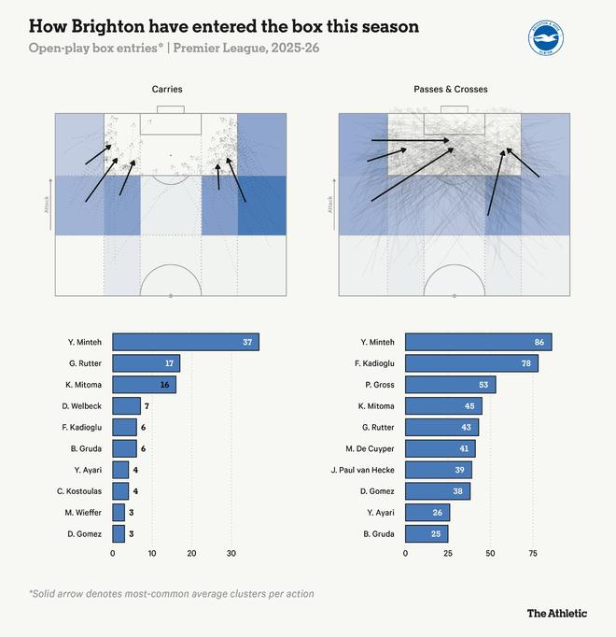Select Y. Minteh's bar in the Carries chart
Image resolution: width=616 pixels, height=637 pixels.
(x=185, y=342)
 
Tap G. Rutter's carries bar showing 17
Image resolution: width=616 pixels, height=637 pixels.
(x=146, y=363)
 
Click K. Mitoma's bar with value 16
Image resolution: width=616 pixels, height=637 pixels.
(x=144, y=385)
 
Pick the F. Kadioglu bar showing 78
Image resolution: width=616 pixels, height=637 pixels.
(x=471, y=363)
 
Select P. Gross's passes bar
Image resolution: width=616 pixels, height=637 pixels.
(x=450, y=385)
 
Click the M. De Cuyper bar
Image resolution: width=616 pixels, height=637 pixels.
(x=440, y=448)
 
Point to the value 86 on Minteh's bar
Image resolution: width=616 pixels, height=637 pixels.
(x=540, y=342)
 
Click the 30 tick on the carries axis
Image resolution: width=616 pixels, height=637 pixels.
(x=231, y=554)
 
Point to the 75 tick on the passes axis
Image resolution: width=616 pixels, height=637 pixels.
(x=533, y=554)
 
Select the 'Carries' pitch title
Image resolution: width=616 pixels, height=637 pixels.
(x=167, y=90)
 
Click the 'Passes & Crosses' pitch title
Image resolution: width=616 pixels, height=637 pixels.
(x=450, y=90)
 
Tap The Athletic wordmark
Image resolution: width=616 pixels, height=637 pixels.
(x=557, y=613)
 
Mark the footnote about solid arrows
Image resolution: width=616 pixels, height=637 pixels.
(x=171, y=593)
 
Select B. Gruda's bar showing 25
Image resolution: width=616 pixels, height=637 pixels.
(x=427, y=533)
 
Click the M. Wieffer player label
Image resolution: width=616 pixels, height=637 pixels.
(x=83, y=512)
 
